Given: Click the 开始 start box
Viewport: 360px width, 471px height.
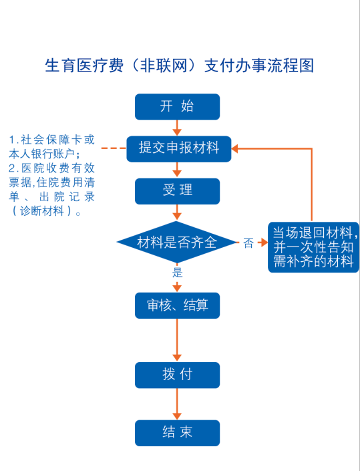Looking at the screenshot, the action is [177, 107].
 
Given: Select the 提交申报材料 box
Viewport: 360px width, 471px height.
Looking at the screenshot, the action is [178, 149].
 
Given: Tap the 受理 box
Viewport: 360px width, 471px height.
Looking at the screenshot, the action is [177, 191].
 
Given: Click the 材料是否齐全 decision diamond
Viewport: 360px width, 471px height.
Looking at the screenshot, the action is [177, 242].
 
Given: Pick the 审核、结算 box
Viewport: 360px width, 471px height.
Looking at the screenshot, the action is [177, 305].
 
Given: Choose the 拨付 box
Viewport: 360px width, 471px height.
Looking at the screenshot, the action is [177, 375].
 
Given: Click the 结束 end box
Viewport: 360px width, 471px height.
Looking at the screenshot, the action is [177, 433].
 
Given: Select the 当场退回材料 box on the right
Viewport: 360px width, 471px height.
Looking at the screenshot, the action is [313, 247].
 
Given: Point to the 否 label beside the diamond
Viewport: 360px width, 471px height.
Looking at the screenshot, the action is [248, 243].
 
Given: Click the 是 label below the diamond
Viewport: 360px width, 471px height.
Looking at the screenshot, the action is [177, 273].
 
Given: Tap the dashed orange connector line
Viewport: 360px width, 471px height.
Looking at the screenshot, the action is [114, 148].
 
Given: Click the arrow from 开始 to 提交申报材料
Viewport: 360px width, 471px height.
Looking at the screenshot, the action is [177, 128].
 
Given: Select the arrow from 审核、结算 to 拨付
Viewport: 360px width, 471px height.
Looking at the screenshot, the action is [177, 340].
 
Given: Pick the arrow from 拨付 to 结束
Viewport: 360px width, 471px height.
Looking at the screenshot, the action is [177, 404].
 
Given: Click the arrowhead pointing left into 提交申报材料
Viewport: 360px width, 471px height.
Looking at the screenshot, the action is [235, 148].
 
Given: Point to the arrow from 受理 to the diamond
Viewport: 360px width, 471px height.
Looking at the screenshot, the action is [177, 212].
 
